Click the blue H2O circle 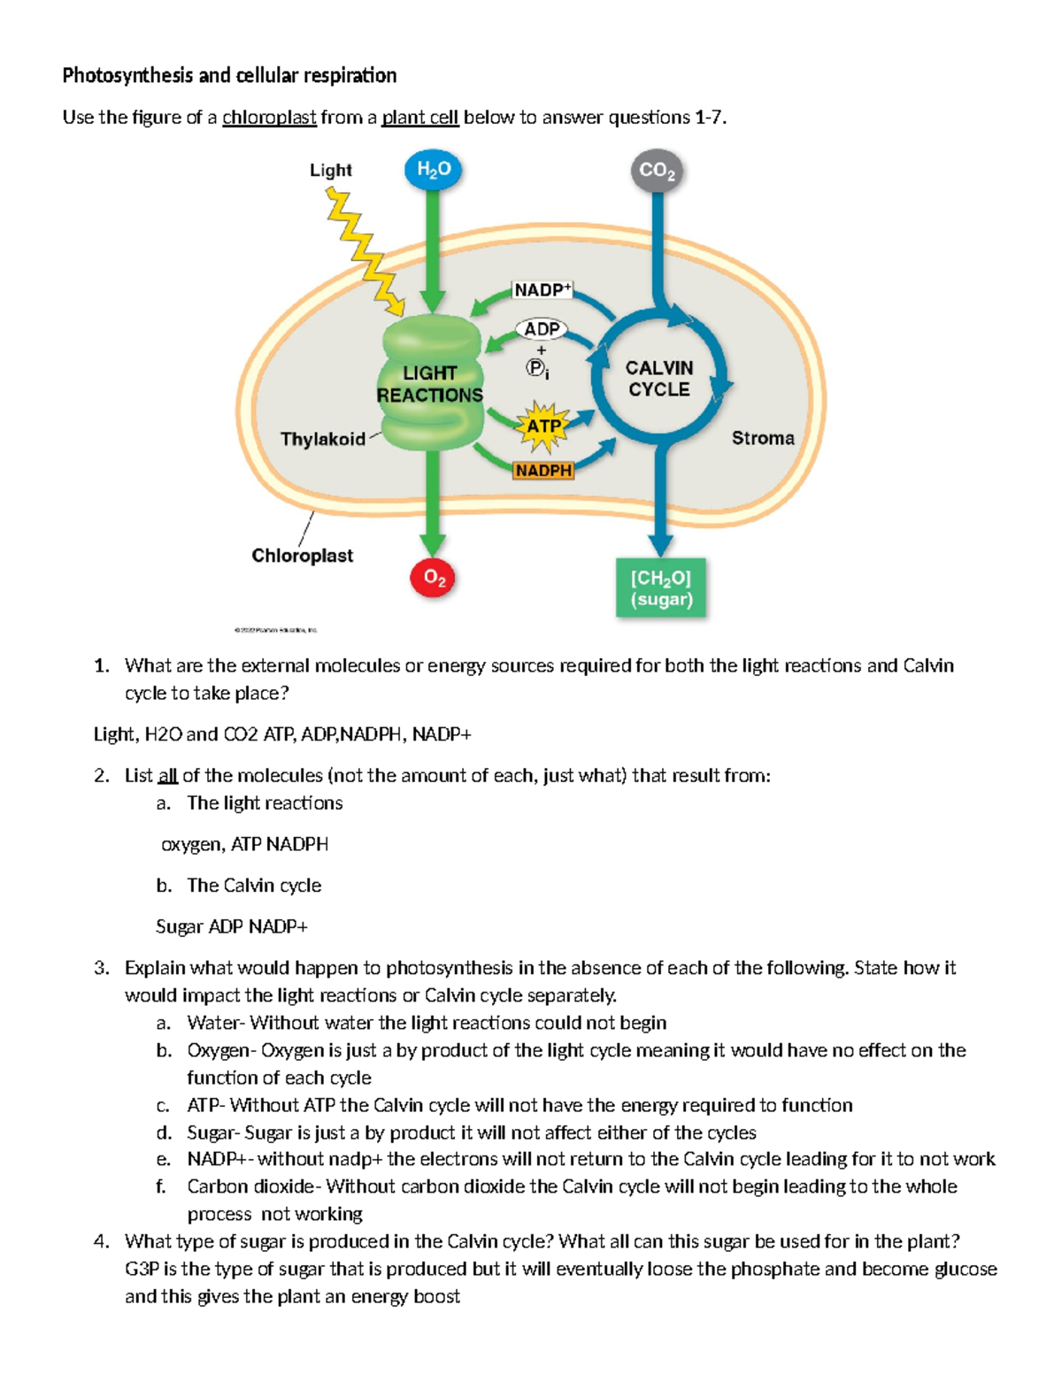(433, 170)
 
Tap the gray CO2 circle (657, 171)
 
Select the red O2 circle (434, 578)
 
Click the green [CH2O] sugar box (661, 588)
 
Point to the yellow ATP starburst (543, 426)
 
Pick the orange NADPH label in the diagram (543, 471)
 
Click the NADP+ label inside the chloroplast (543, 289)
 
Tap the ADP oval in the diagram (542, 329)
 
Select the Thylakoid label (322, 439)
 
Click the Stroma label (762, 438)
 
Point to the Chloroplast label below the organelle (302, 556)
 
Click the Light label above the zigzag (330, 170)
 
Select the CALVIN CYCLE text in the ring (659, 379)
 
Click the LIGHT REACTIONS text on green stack (430, 384)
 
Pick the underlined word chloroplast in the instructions (269, 118)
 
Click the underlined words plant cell (419, 118)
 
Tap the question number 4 (101, 1241)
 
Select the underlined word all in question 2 (167, 776)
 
